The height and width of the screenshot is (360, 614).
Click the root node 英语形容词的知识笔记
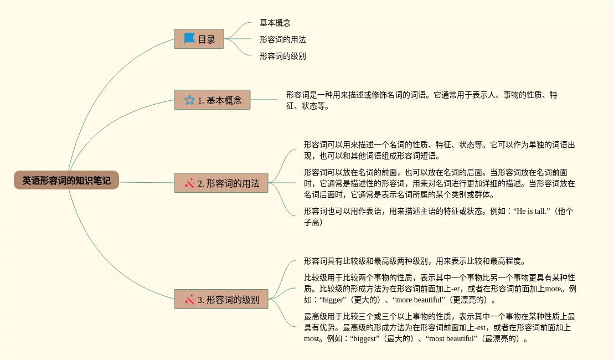pos(66,180)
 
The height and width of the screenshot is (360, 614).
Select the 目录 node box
pos(199,39)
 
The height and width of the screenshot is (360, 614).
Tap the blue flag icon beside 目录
pos(189,39)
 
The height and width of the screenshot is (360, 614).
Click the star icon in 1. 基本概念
pos(189,100)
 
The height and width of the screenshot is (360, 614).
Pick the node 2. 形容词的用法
pos(221,183)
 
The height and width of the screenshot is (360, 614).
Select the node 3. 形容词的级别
pos(221,300)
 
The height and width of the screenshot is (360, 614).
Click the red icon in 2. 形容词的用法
pos(189,183)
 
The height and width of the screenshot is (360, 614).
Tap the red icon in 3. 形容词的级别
pos(189,300)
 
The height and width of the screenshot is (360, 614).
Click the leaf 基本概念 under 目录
pos(275,23)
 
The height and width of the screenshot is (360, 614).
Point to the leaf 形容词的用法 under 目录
pos(282,39)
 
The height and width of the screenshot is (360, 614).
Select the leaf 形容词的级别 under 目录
pos(282,56)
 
